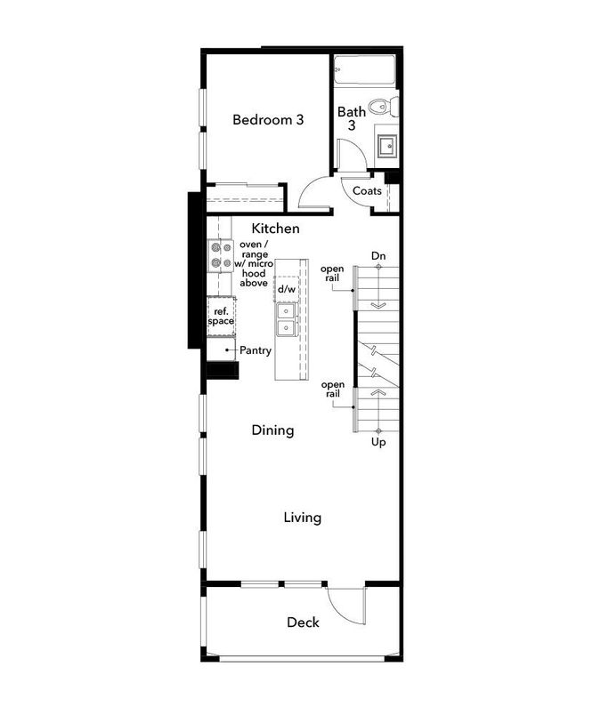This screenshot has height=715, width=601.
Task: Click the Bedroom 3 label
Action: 268,119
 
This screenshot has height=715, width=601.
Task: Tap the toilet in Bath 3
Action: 384,108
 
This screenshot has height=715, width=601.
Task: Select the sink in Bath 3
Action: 386,145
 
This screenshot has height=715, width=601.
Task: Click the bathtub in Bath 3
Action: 366,71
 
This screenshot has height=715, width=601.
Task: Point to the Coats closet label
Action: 367,191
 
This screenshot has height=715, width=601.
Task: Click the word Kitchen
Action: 275,229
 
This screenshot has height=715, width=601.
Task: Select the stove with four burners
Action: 220,255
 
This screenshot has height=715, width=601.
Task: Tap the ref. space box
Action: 221,316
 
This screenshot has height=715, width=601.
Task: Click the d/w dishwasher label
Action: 286,290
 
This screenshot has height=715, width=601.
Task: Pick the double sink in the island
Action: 286,320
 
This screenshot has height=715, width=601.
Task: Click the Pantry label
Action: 255,350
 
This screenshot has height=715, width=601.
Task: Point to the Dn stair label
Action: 378,256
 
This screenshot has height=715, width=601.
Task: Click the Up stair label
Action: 378,441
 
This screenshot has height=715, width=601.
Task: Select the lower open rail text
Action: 332,390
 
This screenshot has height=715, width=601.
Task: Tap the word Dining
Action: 272,430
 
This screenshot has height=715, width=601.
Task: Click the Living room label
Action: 302,518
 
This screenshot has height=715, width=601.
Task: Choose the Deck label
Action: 303,623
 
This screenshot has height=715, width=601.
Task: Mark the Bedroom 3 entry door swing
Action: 314,192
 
